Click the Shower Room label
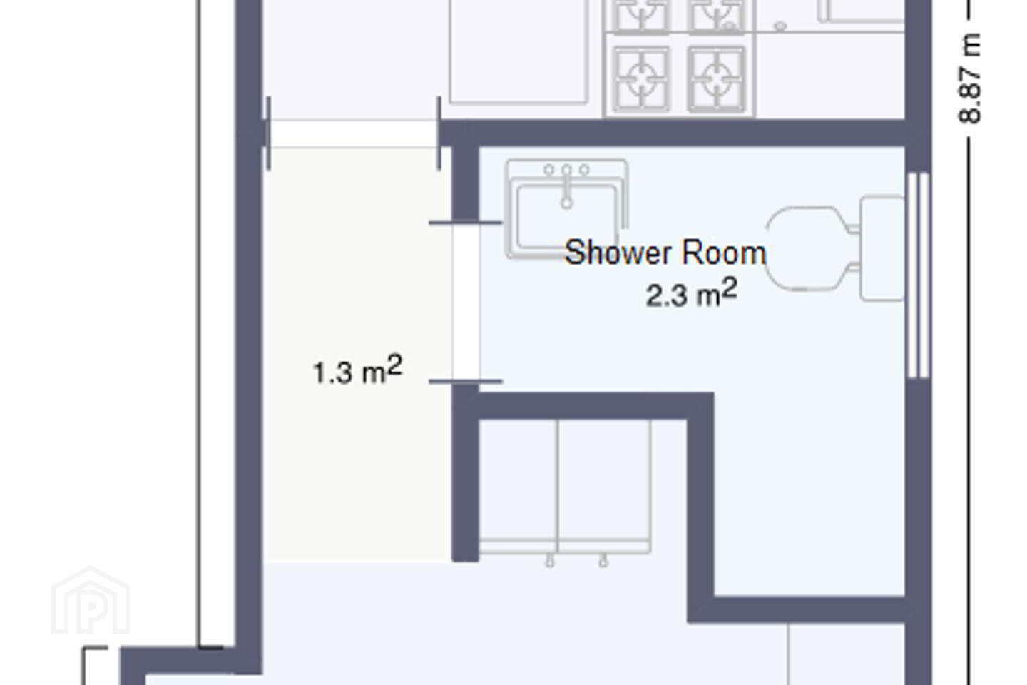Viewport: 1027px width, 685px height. click(665, 253)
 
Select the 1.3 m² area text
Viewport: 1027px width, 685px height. click(357, 370)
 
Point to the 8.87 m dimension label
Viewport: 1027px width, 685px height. click(969, 78)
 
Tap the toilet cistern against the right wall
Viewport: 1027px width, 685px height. click(882, 248)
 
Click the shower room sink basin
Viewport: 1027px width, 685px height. click(567, 217)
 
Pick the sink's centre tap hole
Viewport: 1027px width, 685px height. click(567, 171)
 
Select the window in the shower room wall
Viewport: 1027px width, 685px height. click(919, 275)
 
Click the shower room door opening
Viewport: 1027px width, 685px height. click(466, 302)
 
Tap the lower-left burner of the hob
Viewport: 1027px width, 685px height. click(642, 79)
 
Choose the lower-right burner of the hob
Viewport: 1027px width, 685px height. click(716, 79)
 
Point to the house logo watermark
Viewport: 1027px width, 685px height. click(91, 600)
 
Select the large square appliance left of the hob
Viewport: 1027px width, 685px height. click(519, 51)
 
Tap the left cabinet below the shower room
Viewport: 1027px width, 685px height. click(518, 487)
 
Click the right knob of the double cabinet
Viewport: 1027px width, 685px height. click(603, 561)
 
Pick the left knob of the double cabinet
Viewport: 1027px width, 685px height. click(550, 561)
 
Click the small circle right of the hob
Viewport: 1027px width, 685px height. click(780, 26)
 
